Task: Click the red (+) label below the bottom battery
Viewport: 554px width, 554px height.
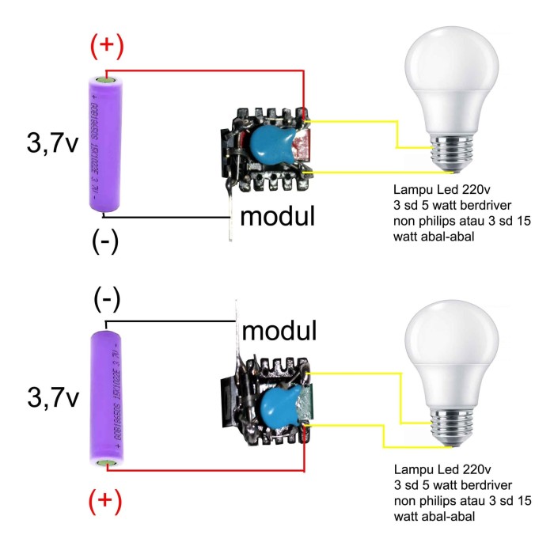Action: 105,501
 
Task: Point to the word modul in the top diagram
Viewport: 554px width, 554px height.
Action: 278,216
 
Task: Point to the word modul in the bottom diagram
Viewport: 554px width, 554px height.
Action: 279,329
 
